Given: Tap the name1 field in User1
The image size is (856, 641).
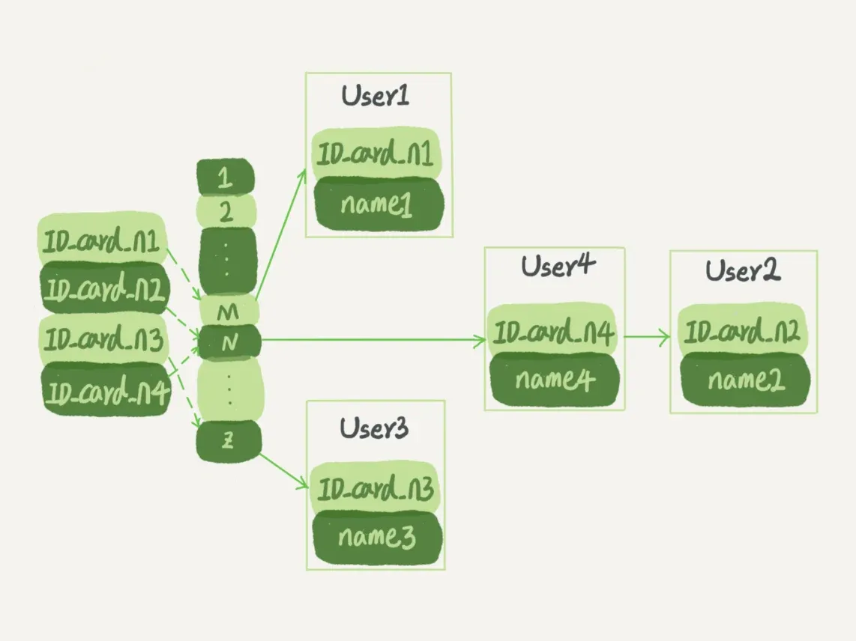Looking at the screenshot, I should click(377, 203).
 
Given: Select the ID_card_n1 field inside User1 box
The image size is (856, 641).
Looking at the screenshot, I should click(376, 156).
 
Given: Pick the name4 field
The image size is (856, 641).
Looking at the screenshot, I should click(555, 380).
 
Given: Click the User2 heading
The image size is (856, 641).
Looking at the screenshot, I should click(742, 271).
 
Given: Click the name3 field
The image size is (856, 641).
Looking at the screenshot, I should click(376, 537).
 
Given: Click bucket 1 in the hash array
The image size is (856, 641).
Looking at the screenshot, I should click(225, 178).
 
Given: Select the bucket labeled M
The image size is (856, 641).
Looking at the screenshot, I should click(227, 312).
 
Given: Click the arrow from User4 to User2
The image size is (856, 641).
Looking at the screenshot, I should click(646, 337).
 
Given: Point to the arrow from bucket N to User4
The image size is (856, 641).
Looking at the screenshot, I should click(375, 340).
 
